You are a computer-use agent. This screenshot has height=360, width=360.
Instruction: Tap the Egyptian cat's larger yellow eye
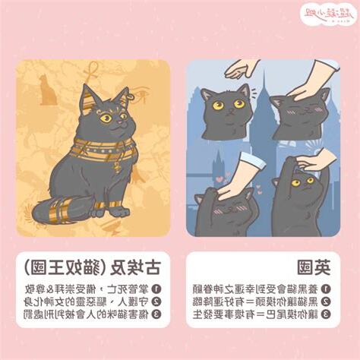click(x=106, y=118)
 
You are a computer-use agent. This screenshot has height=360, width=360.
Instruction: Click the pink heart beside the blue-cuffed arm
click(x=219, y=180)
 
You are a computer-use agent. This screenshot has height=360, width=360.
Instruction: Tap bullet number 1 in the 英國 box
click(x=325, y=289)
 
